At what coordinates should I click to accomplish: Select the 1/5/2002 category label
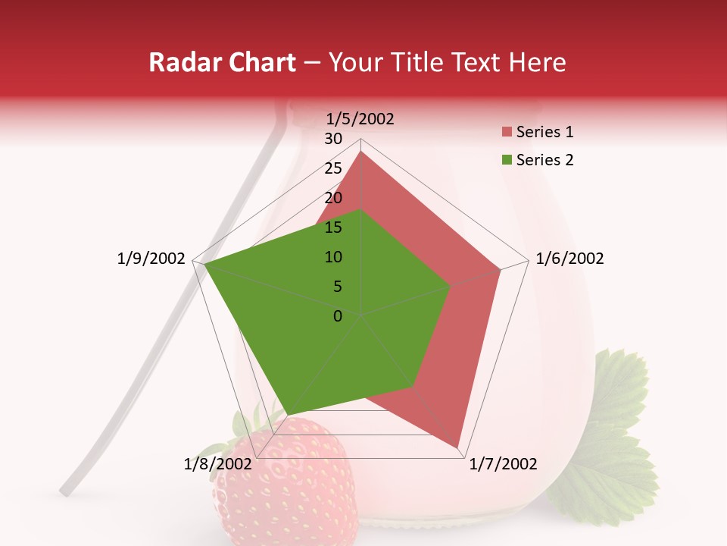pyautogui.click(x=360, y=118)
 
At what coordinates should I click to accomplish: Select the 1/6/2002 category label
pyautogui.click(x=569, y=259)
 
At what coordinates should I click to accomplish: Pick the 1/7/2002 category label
pyautogui.click(x=503, y=464)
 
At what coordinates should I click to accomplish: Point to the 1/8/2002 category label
pyautogui.click(x=217, y=464)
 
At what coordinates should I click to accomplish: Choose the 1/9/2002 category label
pyautogui.click(x=151, y=259)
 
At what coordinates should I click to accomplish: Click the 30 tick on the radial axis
pyautogui.click(x=333, y=139)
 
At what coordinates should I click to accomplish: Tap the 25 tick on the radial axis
pyautogui.click(x=333, y=168)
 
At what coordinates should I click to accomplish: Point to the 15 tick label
pyautogui.click(x=333, y=227)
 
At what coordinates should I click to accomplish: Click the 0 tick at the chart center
pyautogui.click(x=338, y=316)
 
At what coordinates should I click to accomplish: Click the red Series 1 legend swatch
pyautogui.click(x=507, y=133)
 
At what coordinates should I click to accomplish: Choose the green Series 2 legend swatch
pyautogui.click(x=507, y=160)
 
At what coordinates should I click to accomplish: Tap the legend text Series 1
pyautogui.click(x=544, y=132)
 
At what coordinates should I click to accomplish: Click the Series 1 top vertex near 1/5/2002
pyautogui.click(x=361, y=151)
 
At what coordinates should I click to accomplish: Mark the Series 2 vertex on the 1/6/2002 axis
pyautogui.click(x=451, y=287)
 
